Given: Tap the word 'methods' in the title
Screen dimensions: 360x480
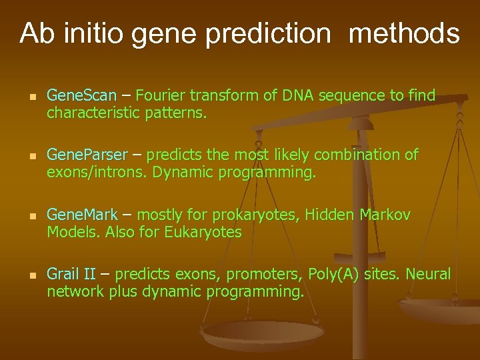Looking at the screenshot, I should pyautogui.click(x=404, y=33).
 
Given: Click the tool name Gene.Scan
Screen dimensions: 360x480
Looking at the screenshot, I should pyautogui.click(x=81, y=96).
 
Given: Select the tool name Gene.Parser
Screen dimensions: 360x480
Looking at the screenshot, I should pyautogui.click(x=86, y=155).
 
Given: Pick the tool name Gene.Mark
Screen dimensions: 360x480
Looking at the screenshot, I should pyautogui.click(x=82, y=215).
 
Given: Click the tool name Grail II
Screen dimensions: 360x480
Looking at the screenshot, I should pyautogui.click(x=71, y=274).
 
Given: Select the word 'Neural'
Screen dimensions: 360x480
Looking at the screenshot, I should pyautogui.click(x=429, y=274).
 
